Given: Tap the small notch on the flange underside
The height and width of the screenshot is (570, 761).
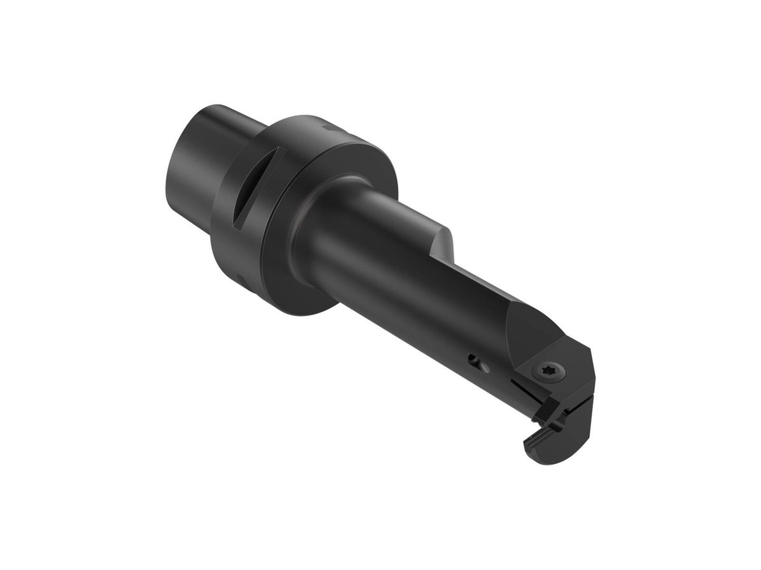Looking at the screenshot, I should [x=242, y=279].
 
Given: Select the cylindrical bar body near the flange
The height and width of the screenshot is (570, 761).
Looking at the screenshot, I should [x=355, y=247].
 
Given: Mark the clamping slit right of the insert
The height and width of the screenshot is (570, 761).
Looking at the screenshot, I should [x=578, y=405].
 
